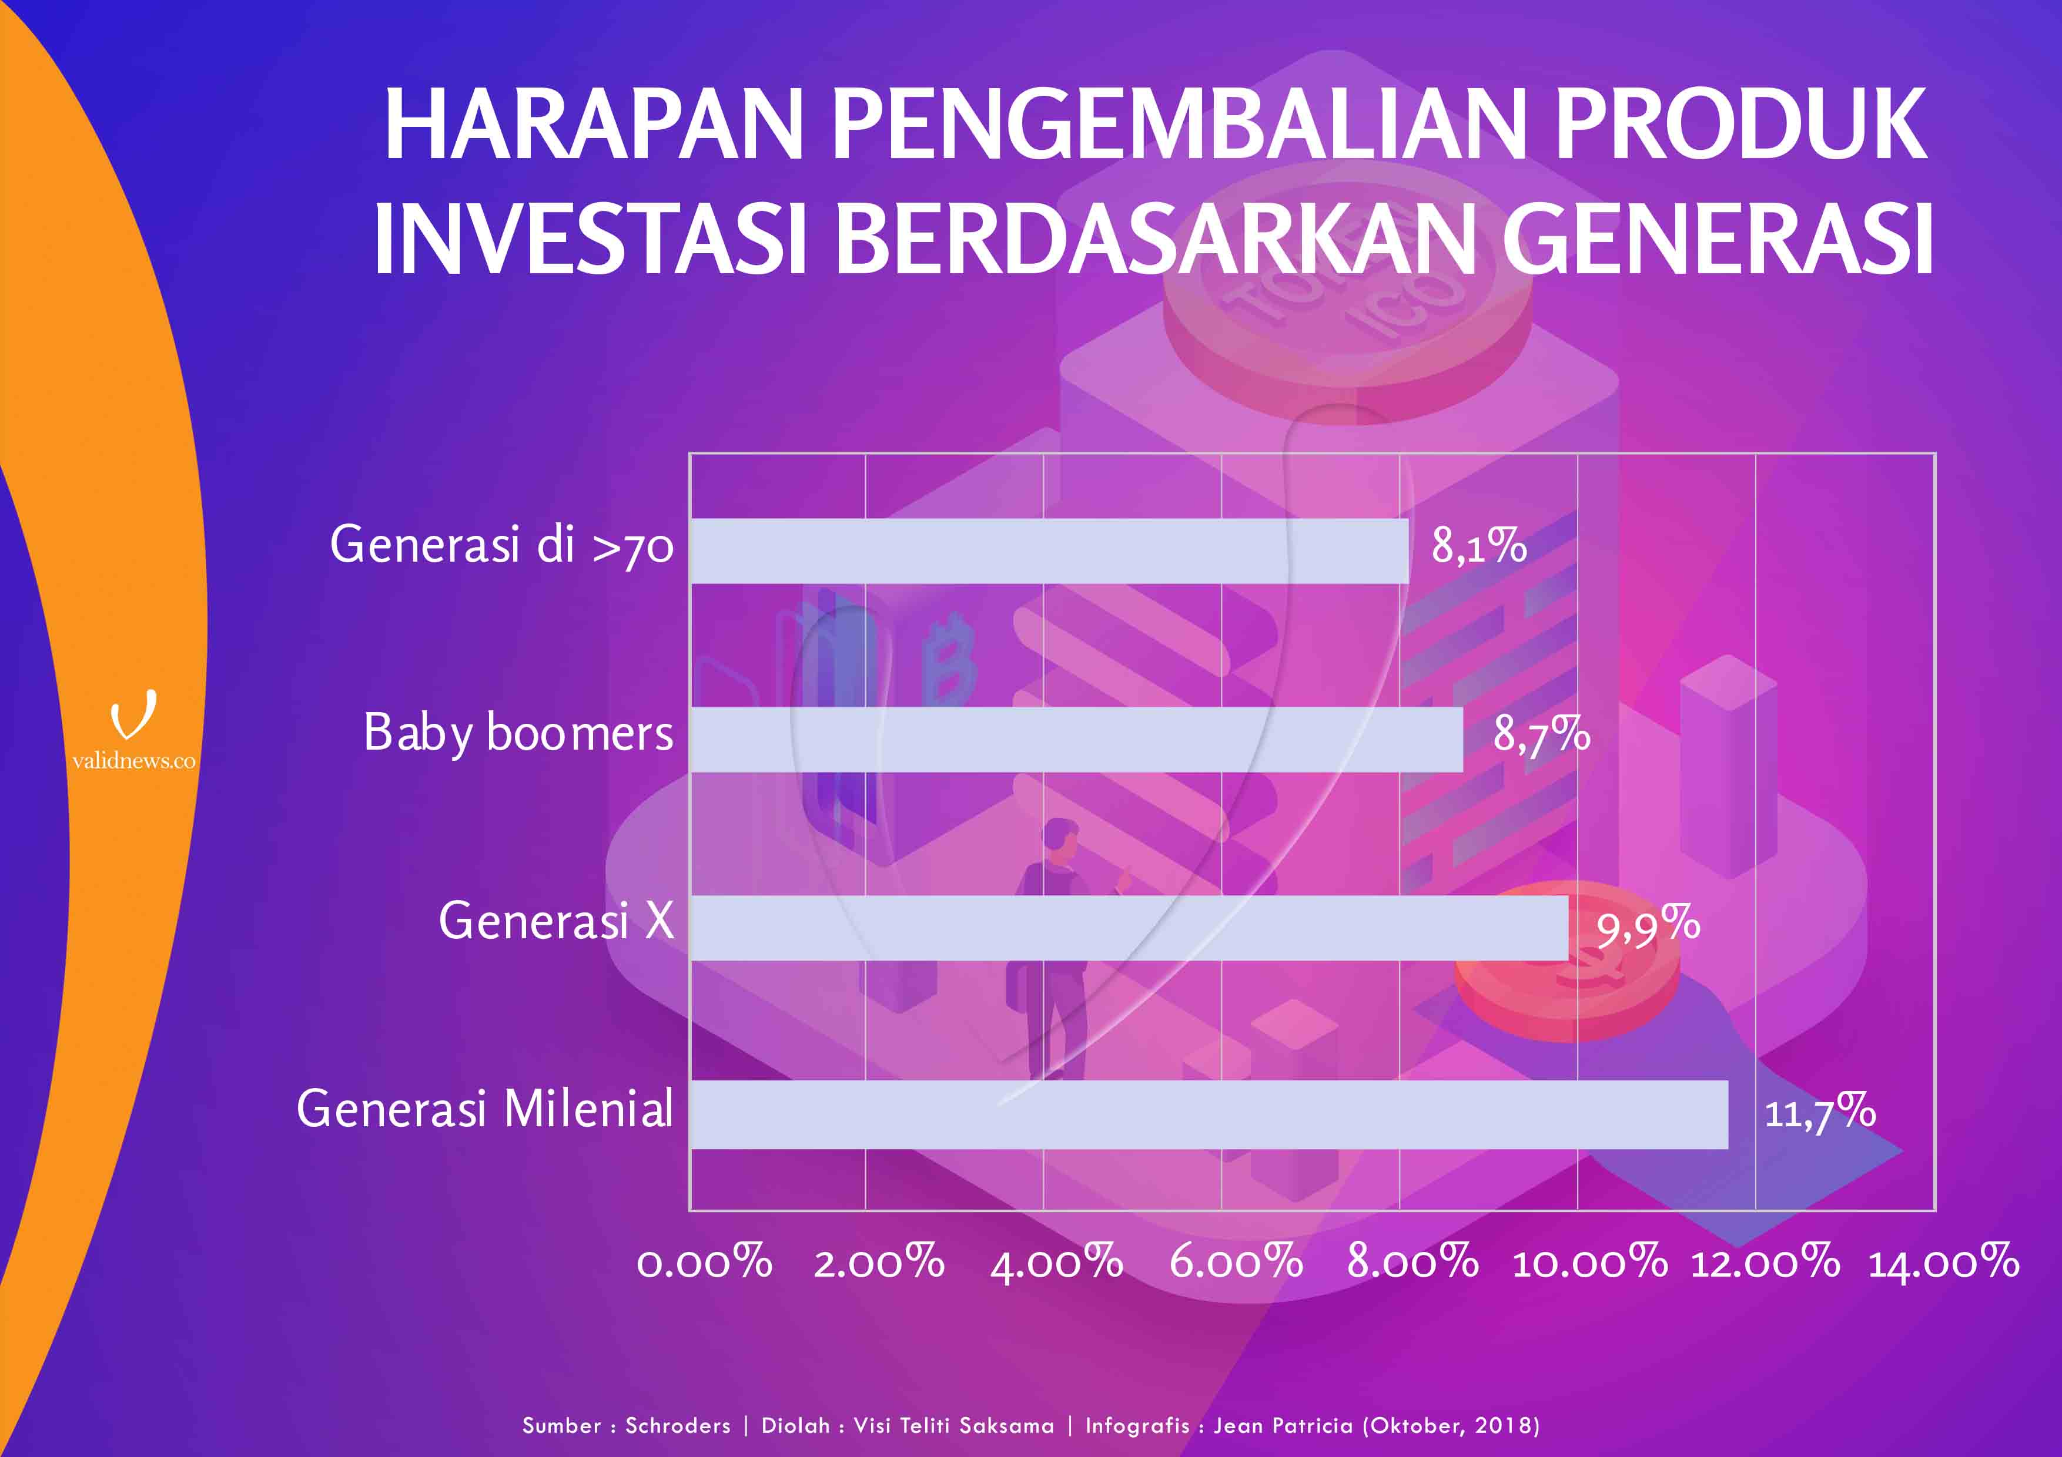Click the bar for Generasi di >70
[x=1049, y=551]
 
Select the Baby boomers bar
[x=1077, y=739]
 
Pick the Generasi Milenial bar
[x=1209, y=1114]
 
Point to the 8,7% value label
[x=1542, y=735]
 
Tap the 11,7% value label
[x=1819, y=1112]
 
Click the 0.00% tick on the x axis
[x=704, y=1262]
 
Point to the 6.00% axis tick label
[x=1236, y=1262]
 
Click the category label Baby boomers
[x=518, y=733]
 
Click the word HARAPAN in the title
[x=593, y=125]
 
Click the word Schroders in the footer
[x=678, y=1426]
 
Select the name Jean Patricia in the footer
[x=1283, y=1426]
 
